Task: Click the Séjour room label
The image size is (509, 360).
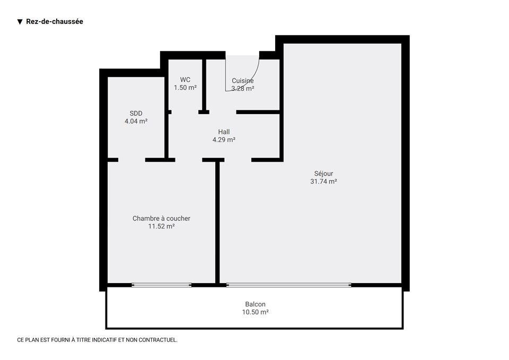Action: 323,174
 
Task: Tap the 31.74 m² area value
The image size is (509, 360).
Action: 323,181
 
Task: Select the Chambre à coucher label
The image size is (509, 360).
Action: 161,218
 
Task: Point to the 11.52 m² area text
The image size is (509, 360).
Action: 161,226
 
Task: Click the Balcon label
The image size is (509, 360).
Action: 255,304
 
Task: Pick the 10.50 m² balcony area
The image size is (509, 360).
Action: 255,312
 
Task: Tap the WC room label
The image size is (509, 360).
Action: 185,80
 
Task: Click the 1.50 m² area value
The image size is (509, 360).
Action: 185,87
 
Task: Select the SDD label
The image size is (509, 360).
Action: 136,113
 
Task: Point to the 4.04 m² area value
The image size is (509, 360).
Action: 136,121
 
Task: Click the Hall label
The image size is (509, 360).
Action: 224,132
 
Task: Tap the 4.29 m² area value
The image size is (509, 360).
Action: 224,139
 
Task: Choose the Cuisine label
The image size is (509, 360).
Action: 243,81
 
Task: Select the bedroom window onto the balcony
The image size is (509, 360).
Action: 161,285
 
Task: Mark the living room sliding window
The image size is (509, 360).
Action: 288,285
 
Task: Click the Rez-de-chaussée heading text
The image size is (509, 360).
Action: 55,21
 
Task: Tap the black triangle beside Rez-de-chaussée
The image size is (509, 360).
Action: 20,22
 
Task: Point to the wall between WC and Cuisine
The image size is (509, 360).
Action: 204,85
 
